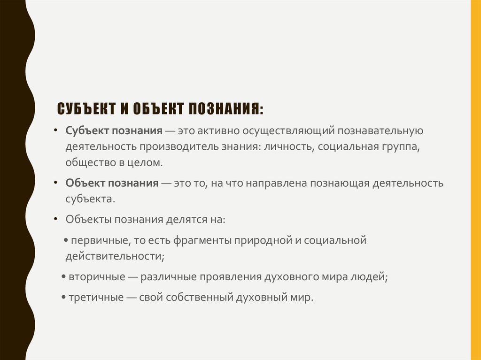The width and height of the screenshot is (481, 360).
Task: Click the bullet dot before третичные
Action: click(x=63, y=298)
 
